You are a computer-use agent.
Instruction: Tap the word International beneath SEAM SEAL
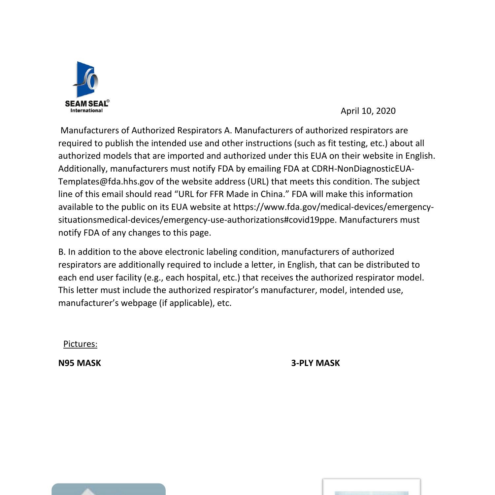pos(86,111)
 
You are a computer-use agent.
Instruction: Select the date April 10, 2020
pos(368,111)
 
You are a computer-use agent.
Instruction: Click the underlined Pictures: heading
pos(80,344)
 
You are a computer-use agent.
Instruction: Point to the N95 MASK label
pos(80,363)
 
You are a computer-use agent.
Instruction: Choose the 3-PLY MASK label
pos(315,363)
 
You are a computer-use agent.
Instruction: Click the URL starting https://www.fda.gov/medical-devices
pos(333,207)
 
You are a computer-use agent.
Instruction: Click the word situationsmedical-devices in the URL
pos(110,220)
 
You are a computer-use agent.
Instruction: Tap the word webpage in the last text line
pos(139,303)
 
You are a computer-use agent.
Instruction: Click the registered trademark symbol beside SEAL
pos(108,101)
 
